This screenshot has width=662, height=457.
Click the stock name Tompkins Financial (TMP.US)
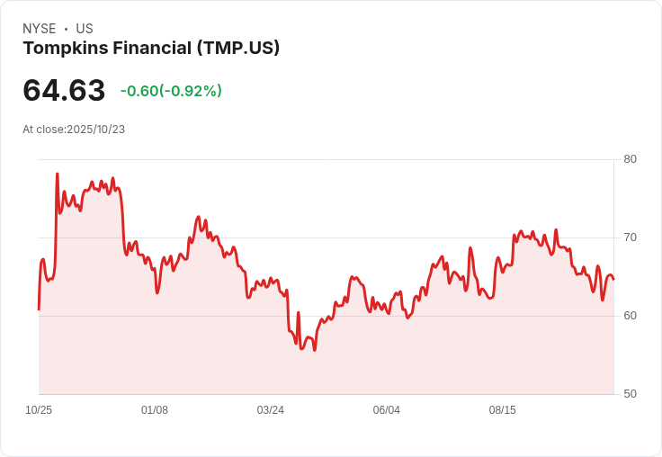coord(151,48)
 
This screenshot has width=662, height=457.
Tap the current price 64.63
coord(64,90)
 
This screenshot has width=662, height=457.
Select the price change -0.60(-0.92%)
coord(171,91)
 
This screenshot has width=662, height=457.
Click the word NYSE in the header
coord(39,29)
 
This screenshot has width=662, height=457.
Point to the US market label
coord(85,29)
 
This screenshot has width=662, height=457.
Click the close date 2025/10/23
coord(95,130)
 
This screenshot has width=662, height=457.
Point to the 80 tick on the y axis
coord(630,159)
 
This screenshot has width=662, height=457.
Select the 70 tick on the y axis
coord(630,237)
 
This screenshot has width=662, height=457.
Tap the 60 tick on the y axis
coord(630,316)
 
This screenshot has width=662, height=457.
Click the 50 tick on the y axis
coord(630,394)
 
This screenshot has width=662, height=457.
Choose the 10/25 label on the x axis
coord(39,410)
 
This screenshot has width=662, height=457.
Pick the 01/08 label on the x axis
coord(155,410)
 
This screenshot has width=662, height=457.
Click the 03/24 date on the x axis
coord(271,410)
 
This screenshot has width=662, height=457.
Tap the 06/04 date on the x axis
coord(387,410)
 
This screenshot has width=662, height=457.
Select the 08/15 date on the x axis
coord(503,410)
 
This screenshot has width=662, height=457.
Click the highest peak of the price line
coord(58,174)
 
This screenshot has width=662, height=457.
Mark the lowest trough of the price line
coord(314,350)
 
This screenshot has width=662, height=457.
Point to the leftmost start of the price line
coord(39,309)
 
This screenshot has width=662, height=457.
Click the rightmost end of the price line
coord(613,279)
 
